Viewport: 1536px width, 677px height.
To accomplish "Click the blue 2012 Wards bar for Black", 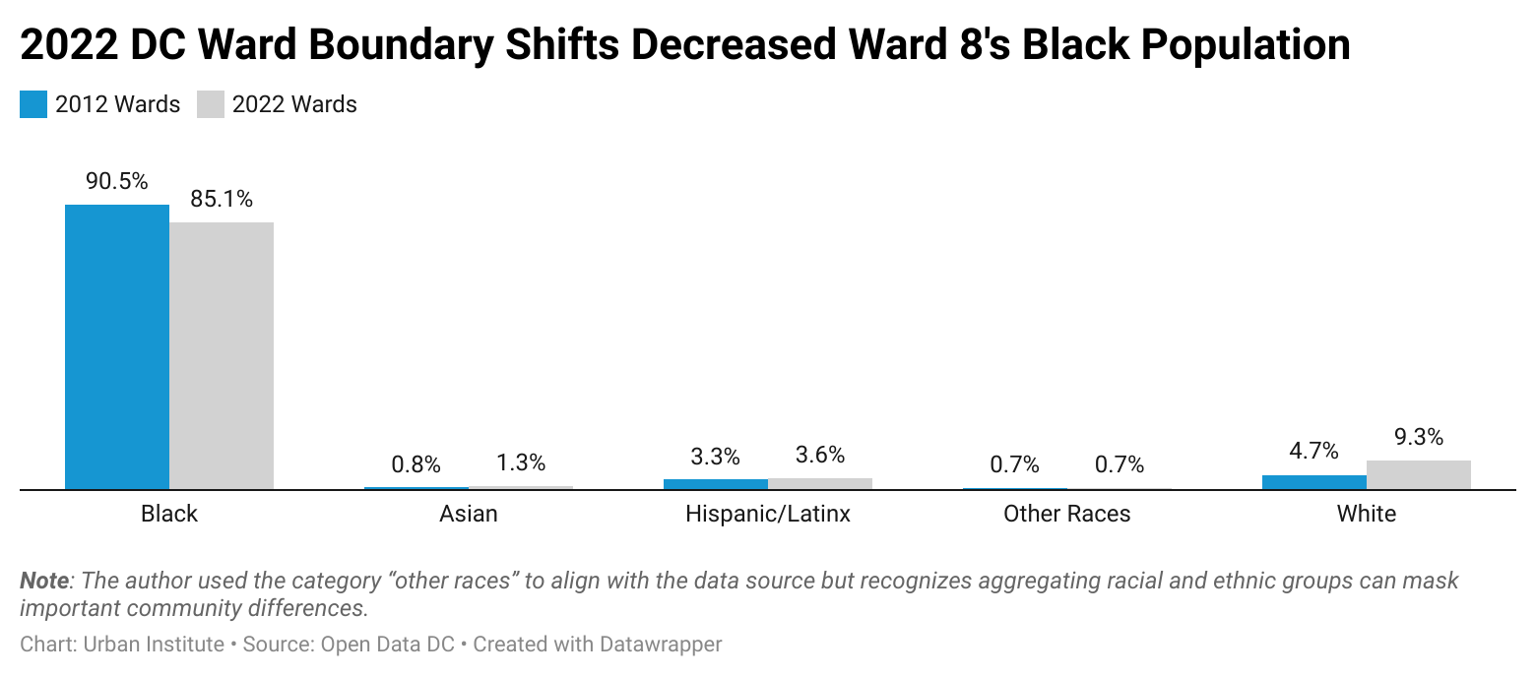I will coord(117,346).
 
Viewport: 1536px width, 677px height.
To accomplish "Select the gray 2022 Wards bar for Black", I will coord(222,355).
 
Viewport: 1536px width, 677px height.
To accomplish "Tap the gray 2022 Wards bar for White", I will coord(1418,474).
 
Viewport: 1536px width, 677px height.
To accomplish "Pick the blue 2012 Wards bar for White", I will coord(1313,482).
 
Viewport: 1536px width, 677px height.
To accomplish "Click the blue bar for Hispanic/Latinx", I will coord(715,484).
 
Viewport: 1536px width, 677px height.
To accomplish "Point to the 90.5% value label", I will coord(117,182).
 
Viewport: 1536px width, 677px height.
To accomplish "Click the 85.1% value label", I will coord(222,200).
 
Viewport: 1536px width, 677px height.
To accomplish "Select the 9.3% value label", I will coord(1418,437).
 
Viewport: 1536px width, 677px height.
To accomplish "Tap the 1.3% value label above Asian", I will coord(521,463).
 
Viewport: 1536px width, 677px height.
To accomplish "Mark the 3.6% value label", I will coord(819,455).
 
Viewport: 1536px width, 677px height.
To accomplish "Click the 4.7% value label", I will coord(1313,452).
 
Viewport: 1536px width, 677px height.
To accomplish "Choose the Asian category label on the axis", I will coord(469,514).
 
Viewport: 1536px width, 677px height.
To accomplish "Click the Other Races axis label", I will coord(1066,514).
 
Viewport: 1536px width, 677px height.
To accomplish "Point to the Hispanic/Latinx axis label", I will coord(767,514).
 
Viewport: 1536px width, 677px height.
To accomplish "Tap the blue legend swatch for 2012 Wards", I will coord(33,104).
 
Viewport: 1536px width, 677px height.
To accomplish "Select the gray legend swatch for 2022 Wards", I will coord(211,104).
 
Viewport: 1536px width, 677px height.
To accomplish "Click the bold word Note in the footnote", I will coord(44,581).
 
